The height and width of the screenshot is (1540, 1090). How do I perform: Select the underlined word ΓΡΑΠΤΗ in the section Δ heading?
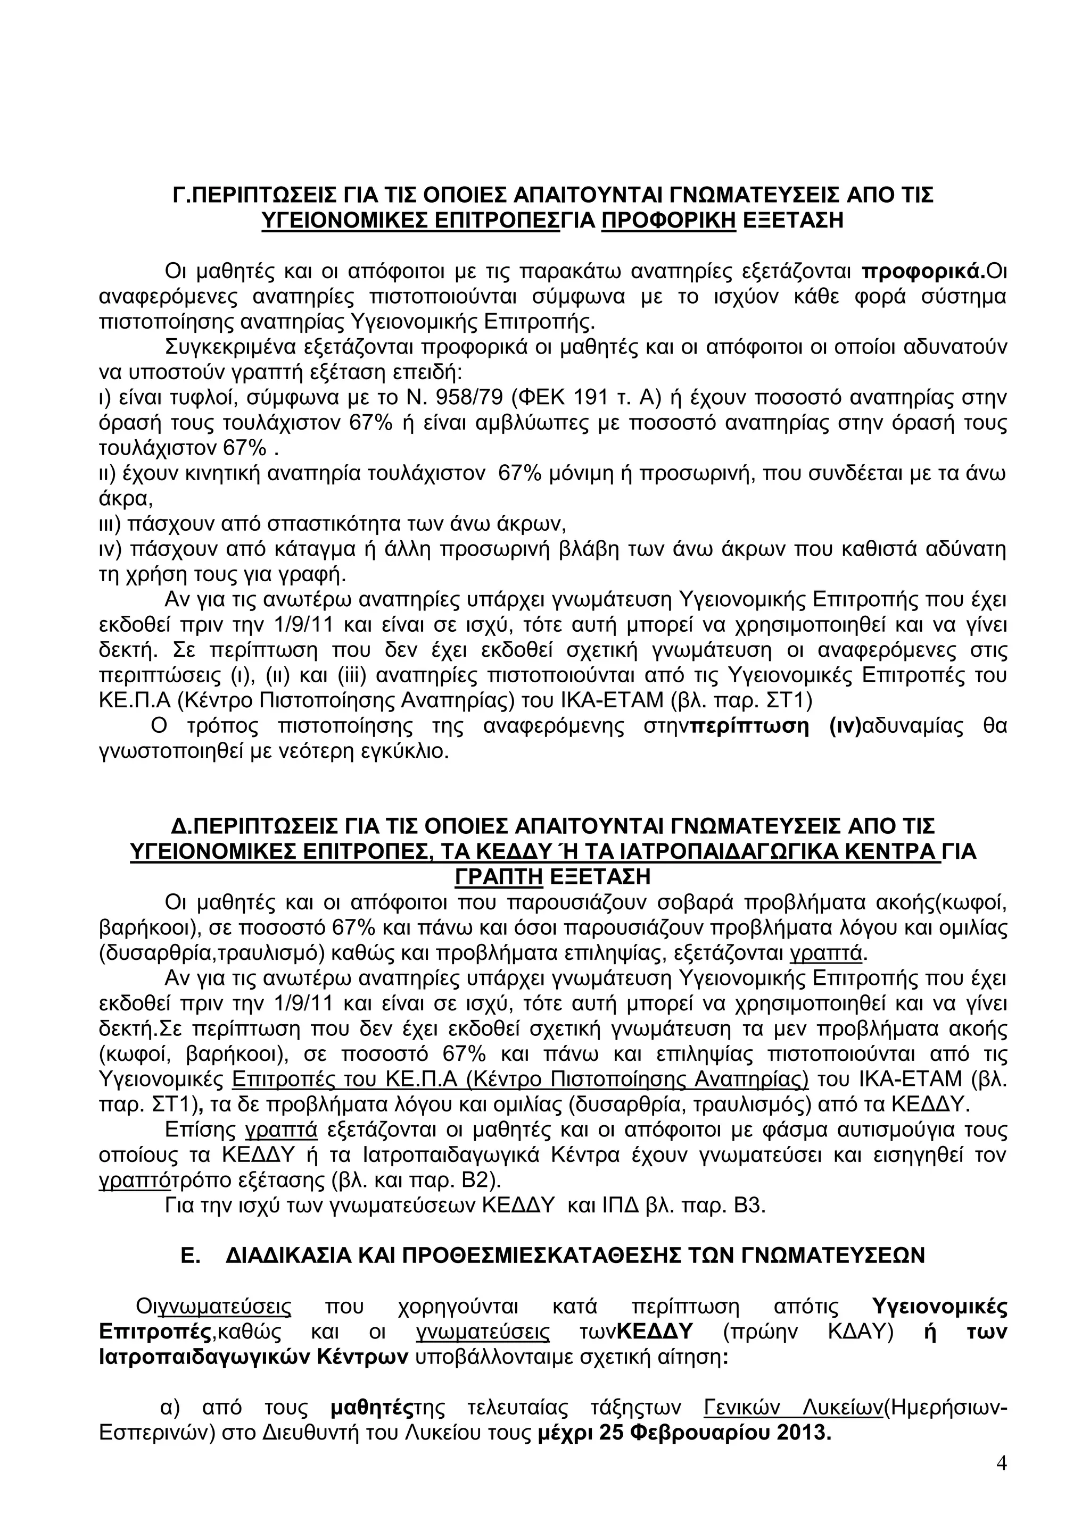pyautogui.click(x=499, y=877)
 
